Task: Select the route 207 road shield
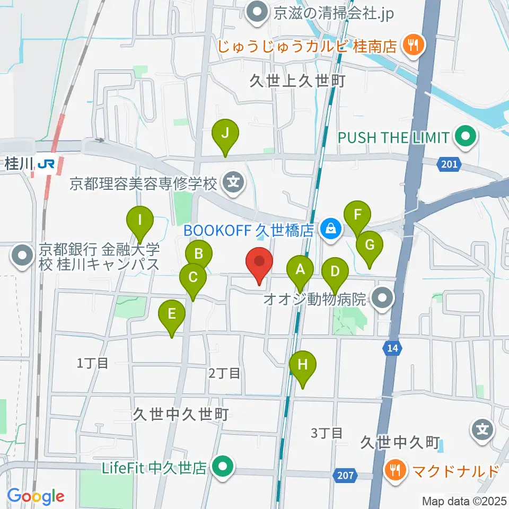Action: (x=345, y=476)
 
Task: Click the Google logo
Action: (x=36, y=496)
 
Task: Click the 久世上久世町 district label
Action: (x=298, y=81)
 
